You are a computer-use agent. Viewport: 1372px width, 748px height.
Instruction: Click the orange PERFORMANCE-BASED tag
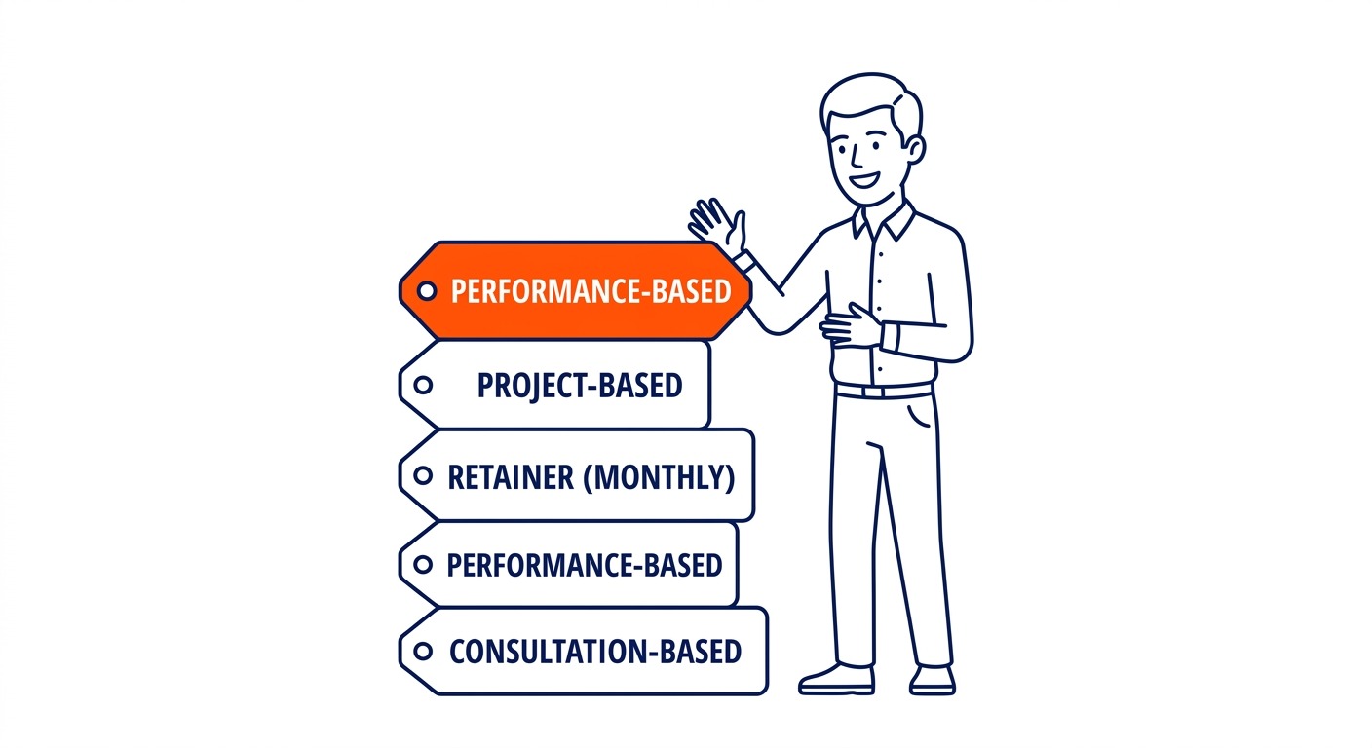point(575,291)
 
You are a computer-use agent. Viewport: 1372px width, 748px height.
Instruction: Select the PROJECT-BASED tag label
point(580,385)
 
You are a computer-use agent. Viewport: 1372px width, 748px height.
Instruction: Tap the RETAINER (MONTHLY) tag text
point(591,477)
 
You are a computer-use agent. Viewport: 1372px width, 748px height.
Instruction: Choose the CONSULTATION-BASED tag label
point(595,652)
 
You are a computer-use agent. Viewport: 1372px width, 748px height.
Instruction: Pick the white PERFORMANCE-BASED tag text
point(585,565)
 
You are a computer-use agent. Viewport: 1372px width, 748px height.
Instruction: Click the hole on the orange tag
point(427,291)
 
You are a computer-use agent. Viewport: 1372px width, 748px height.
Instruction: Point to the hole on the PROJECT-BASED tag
point(423,385)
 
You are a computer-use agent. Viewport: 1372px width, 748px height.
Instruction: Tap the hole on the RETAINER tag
point(423,475)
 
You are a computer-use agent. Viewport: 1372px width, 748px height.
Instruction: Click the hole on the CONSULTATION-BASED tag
point(423,651)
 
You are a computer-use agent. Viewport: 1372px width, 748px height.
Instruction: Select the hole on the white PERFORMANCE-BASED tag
point(423,564)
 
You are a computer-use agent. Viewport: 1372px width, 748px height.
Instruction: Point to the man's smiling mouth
point(865,180)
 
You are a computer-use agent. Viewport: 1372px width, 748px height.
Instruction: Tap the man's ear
point(914,149)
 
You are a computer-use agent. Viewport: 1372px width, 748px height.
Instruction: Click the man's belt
point(884,390)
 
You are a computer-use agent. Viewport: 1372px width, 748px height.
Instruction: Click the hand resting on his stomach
point(852,325)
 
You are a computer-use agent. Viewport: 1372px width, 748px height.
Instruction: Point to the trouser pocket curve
point(918,414)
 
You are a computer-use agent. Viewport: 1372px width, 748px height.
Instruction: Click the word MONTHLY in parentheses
point(659,477)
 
